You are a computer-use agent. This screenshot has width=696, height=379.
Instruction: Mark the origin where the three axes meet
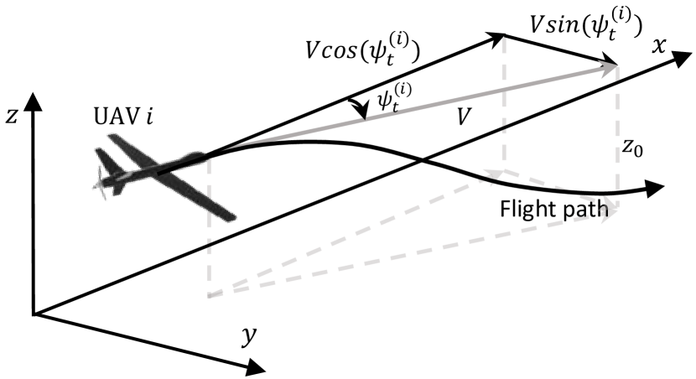[33, 314]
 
